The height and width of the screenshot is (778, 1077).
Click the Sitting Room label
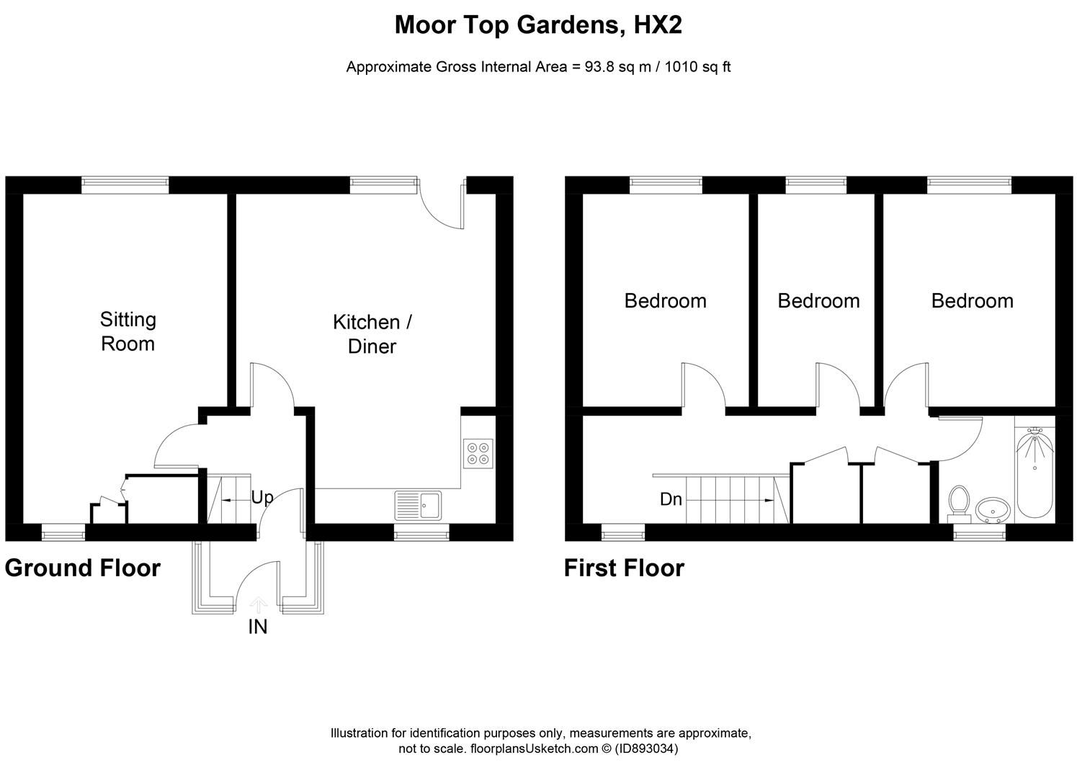pos(128,331)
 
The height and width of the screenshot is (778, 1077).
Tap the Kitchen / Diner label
pos(372,334)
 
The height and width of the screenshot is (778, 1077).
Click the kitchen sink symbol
pos(419,504)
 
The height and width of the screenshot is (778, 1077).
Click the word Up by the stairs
pos(262,498)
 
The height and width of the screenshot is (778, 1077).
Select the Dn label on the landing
pos(671,499)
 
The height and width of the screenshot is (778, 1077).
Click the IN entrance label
pos(258,627)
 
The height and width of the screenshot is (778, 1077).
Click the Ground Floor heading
pos(82,568)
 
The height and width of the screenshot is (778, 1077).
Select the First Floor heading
pos(624,568)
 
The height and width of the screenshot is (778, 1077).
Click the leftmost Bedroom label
pos(665,300)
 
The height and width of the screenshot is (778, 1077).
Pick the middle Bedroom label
pos(818,300)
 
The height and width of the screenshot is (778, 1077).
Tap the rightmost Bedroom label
pos(972,300)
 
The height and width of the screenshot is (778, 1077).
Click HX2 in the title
pos(657,26)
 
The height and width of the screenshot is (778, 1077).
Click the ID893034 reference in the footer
pos(646,748)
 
